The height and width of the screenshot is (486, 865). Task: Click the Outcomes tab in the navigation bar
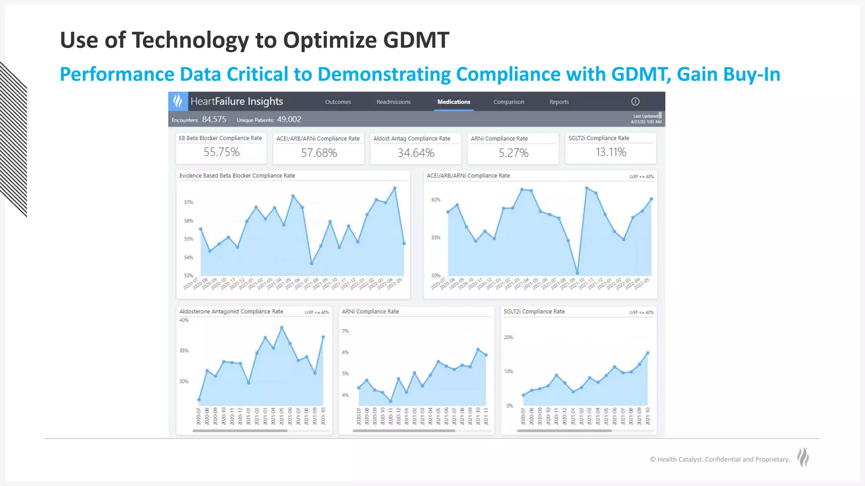[338, 102]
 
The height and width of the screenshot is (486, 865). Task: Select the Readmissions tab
[393, 102]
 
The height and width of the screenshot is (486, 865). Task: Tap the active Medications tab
[454, 102]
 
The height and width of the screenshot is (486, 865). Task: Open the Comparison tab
[509, 102]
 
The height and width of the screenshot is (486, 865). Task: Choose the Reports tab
[559, 102]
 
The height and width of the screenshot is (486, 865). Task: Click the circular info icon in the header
[635, 102]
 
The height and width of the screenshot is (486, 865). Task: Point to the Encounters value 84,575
[214, 119]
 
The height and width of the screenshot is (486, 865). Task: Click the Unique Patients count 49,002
[289, 119]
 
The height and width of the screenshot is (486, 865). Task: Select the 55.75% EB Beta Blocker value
[221, 152]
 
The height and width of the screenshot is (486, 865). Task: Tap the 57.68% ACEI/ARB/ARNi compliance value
[319, 153]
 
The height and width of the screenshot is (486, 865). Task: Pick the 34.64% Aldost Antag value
[416, 153]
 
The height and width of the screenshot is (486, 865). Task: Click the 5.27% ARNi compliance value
[514, 153]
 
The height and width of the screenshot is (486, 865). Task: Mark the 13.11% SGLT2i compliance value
[611, 152]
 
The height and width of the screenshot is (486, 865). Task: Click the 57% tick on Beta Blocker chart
[188, 202]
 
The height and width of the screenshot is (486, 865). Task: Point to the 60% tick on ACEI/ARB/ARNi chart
[436, 200]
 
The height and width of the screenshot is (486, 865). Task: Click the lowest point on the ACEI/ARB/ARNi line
[577, 273]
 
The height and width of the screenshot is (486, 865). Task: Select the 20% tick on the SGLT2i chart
[508, 337]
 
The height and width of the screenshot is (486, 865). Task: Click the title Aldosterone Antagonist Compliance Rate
[231, 312]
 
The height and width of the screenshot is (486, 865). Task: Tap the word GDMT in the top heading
[416, 40]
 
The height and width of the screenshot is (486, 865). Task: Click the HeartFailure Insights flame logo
[178, 101]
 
